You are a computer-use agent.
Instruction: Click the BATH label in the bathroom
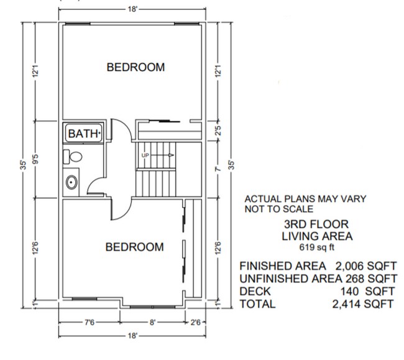point(83,134)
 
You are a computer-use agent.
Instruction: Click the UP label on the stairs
point(146,154)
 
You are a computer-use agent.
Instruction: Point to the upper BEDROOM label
point(135,67)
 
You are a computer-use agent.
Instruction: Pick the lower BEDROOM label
point(134,247)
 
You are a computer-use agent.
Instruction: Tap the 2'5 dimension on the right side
point(217,132)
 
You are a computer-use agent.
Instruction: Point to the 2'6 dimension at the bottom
point(194,323)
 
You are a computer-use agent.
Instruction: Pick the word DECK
point(255,292)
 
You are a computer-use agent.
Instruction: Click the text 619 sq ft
point(317,246)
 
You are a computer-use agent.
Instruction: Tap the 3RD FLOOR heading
point(316,224)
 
